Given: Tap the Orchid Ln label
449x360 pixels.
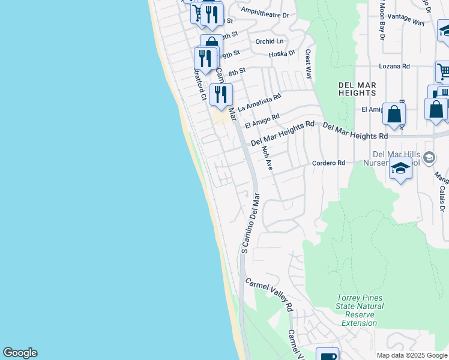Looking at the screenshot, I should pos(269,41).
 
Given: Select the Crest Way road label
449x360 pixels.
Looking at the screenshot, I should pos(309,64).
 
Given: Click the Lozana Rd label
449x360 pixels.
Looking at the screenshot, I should pos(394,67).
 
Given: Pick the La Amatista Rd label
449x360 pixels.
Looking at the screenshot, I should pos(259,102).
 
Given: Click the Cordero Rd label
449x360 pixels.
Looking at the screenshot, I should pos(329,163).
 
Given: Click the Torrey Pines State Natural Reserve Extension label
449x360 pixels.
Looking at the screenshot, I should pos(360,310).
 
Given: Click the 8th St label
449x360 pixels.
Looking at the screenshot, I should pos(237,71).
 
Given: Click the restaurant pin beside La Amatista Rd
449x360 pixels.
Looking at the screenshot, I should pos(221,94).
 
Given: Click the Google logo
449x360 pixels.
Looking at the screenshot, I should pos(20,353).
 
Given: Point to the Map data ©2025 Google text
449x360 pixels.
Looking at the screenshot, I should pos(411,355).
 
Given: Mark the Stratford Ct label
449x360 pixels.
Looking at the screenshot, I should pos(199,85).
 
